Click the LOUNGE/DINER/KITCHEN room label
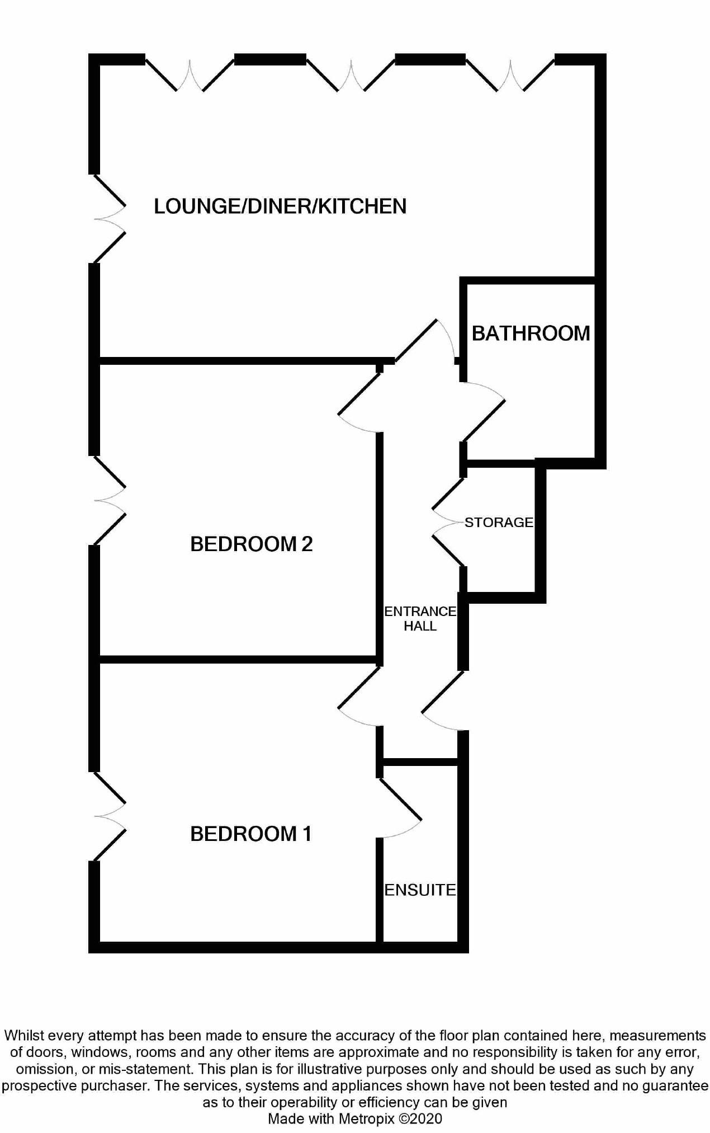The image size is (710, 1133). (x=280, y=206)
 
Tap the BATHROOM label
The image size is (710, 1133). (x=531, y=333)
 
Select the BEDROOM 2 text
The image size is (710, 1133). (x=252, y=544)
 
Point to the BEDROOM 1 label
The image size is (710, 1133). (x=251, y=834)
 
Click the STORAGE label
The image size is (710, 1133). (x=499, y=522)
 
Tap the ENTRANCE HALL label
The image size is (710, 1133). (x=420, y=619)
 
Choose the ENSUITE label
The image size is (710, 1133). (x=420, y=890)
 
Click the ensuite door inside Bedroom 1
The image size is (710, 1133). (x=400, y=808)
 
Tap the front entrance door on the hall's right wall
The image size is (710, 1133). (x=443, y=700)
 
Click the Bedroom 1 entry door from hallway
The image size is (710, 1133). (x=359, y=696)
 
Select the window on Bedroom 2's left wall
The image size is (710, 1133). (x=110, y=500)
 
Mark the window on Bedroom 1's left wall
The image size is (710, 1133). (x=110, y=816)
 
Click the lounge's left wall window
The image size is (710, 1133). (x=110, y=218)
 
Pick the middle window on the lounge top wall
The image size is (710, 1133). (x=351, y=74)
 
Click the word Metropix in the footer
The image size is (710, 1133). (x=363, y=1118)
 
